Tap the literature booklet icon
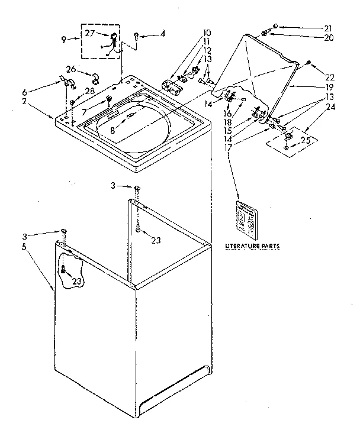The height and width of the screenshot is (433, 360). pyautogui.click(x=245, y=216)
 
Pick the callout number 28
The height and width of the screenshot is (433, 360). pyautogui.click(x=89, y=91)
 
